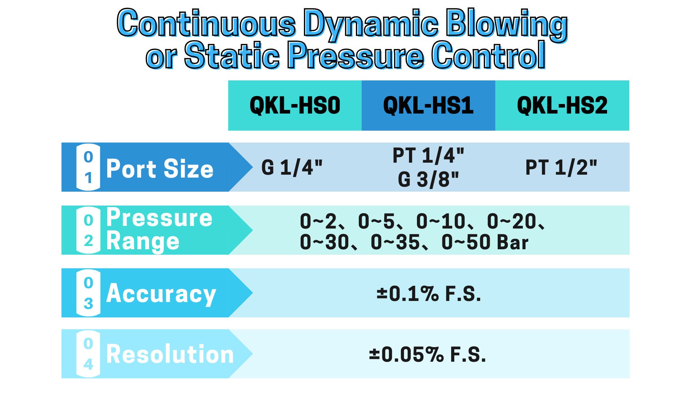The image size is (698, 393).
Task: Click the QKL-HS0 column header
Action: point(295,106)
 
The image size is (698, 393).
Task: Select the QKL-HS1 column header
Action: point(428,106)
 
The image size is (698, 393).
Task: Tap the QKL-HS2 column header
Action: point(562,106)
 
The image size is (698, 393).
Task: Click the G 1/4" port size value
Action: point(292,167)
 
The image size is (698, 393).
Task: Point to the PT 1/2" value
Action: point(561,167)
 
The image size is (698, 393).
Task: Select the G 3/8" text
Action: point(428,179)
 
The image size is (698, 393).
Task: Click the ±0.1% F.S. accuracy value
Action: point(429,294)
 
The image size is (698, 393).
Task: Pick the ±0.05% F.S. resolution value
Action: point(428,354)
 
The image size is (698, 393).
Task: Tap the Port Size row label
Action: point(160,168)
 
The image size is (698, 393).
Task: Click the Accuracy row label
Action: point(161,294)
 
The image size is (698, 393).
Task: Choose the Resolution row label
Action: point(170,354)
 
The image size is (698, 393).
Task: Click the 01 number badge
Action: point(88,167)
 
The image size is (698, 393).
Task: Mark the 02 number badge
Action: point(88,230)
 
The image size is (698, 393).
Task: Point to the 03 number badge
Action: point(88,293)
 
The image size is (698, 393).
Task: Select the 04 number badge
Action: point(88,354)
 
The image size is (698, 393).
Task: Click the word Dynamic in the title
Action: point(371,24)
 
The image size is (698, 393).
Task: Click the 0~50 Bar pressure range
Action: point(485,242)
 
